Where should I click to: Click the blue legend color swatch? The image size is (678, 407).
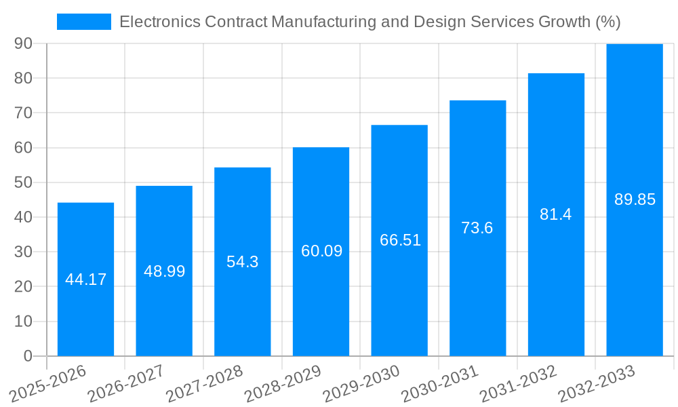(x=83, y=22)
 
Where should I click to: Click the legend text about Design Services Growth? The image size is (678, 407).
(x=370, y=22)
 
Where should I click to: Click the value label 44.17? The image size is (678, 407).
(x=85, y=279)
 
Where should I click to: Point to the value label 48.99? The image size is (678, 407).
(x=164, y=271)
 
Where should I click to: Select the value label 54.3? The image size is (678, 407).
(x=242, y=262)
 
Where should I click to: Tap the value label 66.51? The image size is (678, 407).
(x=400, y=240)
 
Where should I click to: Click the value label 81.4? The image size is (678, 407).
(x=555, y=214)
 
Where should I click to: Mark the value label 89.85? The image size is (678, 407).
(x=635, y=199)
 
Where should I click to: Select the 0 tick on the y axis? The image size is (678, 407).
(x=28, y=356)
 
